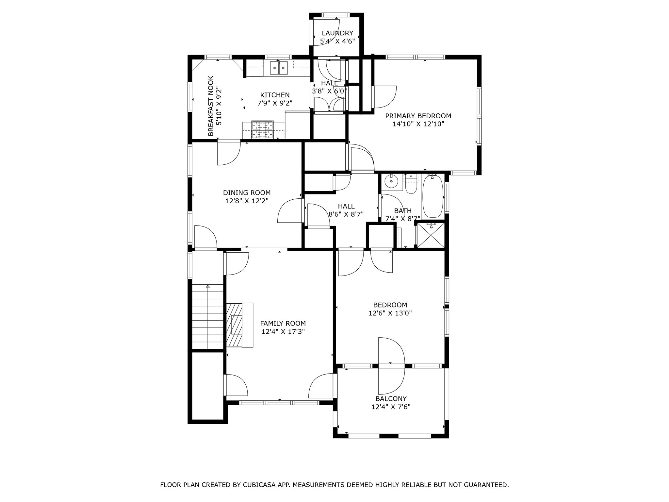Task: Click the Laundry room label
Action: (337, 33)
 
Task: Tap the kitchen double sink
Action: (279, 68)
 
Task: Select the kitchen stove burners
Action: (262, 130)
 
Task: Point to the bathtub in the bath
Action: (432, 196)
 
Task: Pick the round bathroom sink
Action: (391, 181)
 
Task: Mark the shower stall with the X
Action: (431, 235)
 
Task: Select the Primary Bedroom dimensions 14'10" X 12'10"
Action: (418, 124)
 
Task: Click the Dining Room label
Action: (247, 193)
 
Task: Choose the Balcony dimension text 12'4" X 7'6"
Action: (391, 407)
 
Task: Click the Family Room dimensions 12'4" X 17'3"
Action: (283, 332)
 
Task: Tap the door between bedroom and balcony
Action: (391, 366)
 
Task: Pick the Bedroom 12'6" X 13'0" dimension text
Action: (390, 313)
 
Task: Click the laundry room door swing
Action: (327, 36)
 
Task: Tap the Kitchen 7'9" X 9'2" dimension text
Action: (275, 103)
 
